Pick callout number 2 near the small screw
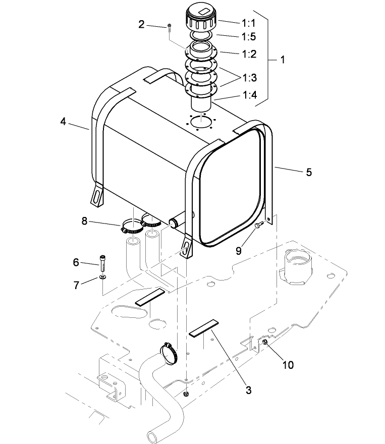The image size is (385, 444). [x=142, y=24]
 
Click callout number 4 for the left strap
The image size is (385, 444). [x=63, y=122]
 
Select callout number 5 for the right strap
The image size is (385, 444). [x=308, y=172]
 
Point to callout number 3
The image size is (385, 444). [x=249, y=389]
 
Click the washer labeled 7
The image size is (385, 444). [x=102, y=277]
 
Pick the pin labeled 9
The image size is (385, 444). [x=259, y=225]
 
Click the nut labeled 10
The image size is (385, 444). [x=264, y=343]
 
